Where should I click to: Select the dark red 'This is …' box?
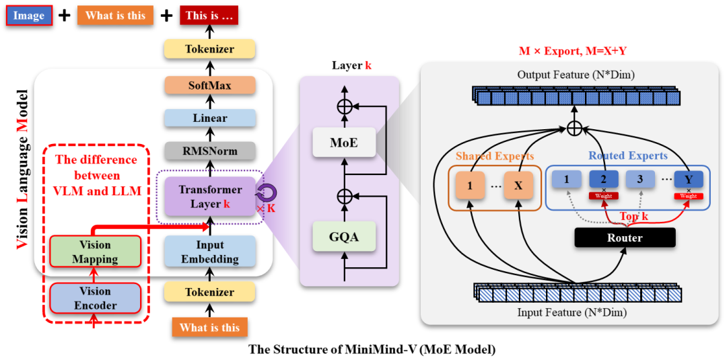click(x=209, y=15)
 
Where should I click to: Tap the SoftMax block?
click(x=210, y=85)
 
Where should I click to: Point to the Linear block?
click(x=210, y=118)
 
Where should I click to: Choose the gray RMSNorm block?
click(x=210, y=151)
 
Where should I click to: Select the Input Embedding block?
click(x=210, y=252)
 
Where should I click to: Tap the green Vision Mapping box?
click(x=95, y=252)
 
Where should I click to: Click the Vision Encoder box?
click(x=95, y=298)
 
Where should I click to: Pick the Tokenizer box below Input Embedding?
click(x=210, y=292)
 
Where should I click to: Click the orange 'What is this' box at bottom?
click(x=209, y=328)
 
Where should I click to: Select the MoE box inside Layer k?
click(x=343, y=143)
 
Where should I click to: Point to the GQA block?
click(x=343, y=236)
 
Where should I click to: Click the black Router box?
click(x=625, y=238)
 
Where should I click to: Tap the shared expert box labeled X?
click(x=518, y=185)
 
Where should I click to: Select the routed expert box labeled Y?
click(x=687, y=180)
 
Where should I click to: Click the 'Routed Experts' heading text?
click(x=628, y=155)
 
